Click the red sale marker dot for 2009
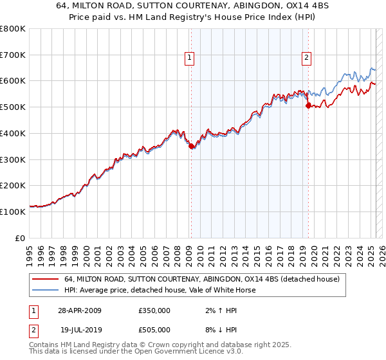[x=191, y=147]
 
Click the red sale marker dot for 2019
[x=308, y=106]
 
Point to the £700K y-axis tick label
[x=13, y=55]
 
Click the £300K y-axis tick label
[x=13, y=159]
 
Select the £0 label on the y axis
[x=21, y=237]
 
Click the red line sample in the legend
[x=45, y=280]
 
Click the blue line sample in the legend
[x=45, y=290]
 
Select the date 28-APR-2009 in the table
[x=80, y=310]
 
